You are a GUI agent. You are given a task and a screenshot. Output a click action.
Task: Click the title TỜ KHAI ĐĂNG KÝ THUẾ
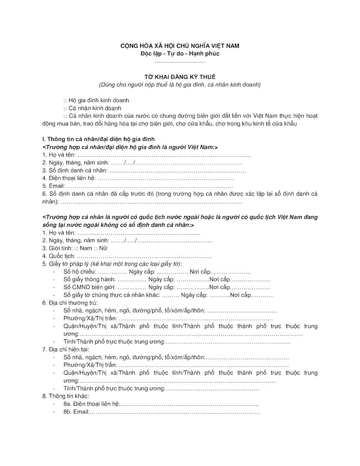179,77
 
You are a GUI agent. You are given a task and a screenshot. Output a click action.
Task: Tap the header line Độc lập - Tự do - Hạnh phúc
180,54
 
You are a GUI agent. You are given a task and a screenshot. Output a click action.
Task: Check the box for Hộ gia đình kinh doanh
65,101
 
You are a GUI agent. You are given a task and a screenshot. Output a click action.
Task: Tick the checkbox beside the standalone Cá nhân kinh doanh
65,108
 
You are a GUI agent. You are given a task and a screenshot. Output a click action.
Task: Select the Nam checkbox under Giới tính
77,249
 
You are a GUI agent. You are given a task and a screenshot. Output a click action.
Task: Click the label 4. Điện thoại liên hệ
69,178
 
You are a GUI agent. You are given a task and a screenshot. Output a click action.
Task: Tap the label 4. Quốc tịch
59,256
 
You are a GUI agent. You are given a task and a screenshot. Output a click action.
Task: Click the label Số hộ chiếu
80,272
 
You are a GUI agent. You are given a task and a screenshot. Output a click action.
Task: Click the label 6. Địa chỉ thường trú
70,303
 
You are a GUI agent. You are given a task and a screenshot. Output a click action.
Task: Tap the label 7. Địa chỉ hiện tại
66,349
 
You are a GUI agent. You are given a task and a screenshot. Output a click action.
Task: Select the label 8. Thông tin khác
66,396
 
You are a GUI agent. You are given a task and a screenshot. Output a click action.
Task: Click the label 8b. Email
76,412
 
